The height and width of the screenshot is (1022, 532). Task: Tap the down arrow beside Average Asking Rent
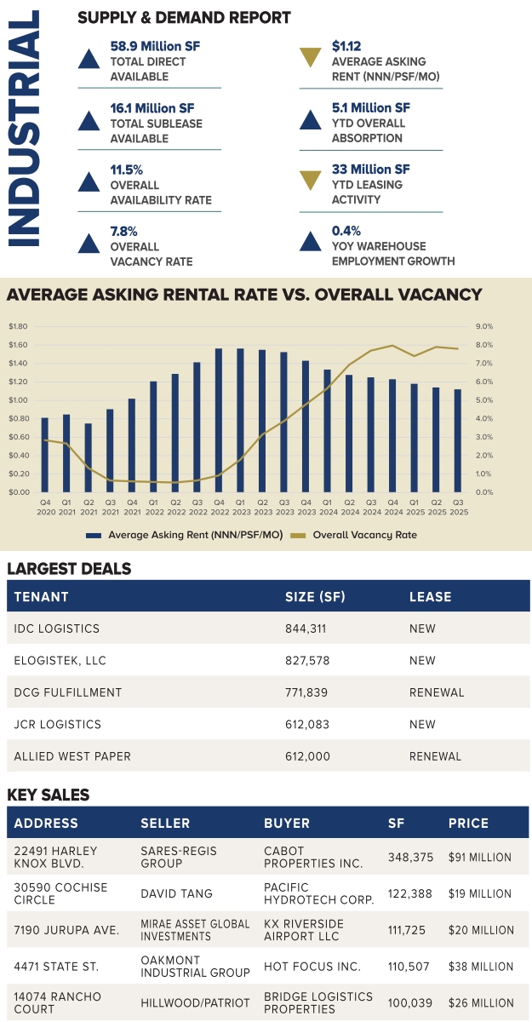(311, 60)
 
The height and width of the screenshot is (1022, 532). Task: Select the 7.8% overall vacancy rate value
(124, 231)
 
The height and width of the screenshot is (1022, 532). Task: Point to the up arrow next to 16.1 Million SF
(89, 121)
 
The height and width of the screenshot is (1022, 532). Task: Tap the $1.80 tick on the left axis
(18, 326)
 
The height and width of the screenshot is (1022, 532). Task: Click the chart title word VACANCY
(431, 295)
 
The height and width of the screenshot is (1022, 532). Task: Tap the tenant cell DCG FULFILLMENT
(68, 692)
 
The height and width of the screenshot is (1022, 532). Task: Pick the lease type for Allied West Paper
(435, 756)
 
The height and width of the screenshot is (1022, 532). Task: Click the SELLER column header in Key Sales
(165, 824)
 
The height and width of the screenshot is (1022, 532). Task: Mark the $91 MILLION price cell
(480, 858)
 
